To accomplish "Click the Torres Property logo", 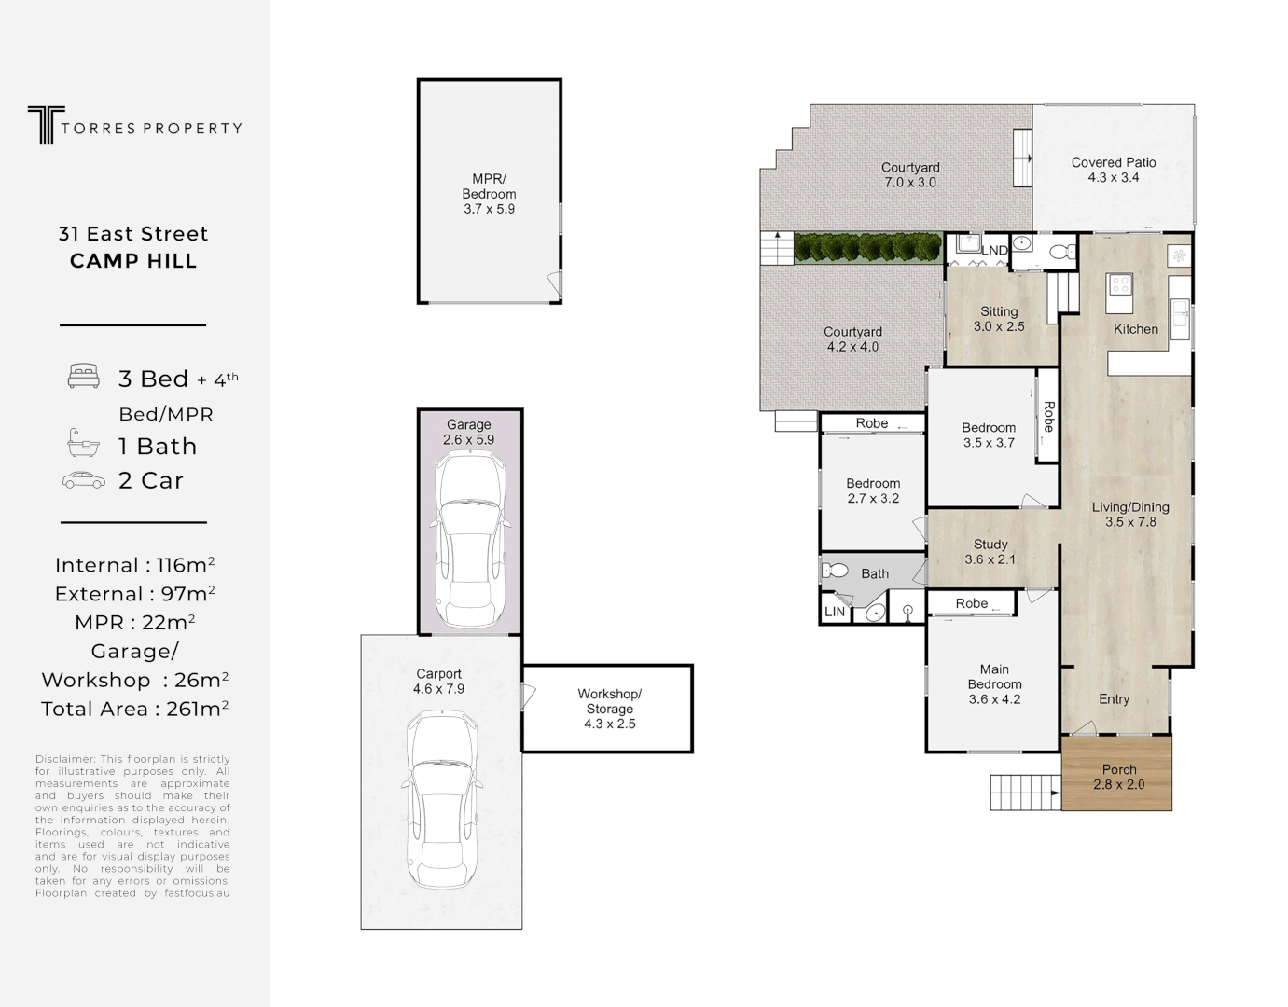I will (134, 126).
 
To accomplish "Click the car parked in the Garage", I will (469, 540).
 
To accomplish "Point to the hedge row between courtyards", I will (867, 248).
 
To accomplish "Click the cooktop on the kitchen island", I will (1119, 285).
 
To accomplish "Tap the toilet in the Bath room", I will (834, 570).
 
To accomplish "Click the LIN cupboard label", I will (835, 612).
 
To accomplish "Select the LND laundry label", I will (994, 250).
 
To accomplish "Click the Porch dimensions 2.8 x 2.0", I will (1118, 785).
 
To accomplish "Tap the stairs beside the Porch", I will (1025, 793).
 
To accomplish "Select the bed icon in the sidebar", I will (84, 377).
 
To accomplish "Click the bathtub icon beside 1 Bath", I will (84, 444).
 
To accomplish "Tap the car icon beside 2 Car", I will (84, 480).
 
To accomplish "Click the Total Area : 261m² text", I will (134, 710).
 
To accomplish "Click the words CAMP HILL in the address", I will (133, 261).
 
